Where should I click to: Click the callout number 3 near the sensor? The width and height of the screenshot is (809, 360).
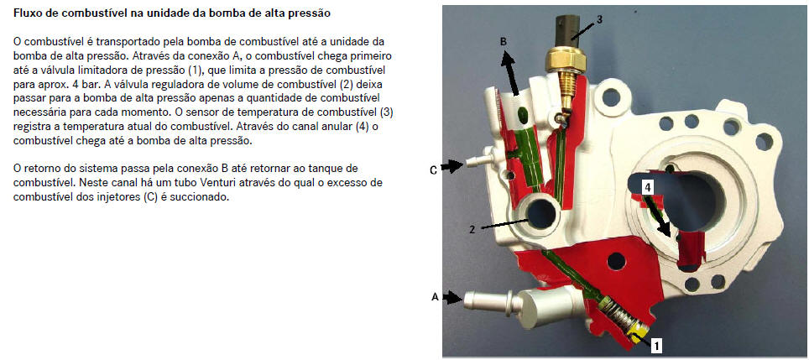[x=599, y=19]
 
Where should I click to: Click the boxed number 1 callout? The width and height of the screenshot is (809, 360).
[x=655, y=345]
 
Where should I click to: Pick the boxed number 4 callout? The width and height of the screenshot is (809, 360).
[x=648, y=188]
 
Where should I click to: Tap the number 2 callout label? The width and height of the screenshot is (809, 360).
[x=472, y=230]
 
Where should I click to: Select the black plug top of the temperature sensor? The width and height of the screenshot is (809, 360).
[x=568, y=31]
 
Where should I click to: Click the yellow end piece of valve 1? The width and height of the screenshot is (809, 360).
[x=635, y=335]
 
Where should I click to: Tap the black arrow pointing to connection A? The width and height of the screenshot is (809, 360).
[x=453, y=298]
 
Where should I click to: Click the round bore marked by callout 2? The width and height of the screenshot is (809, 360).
[x=541, y=213]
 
